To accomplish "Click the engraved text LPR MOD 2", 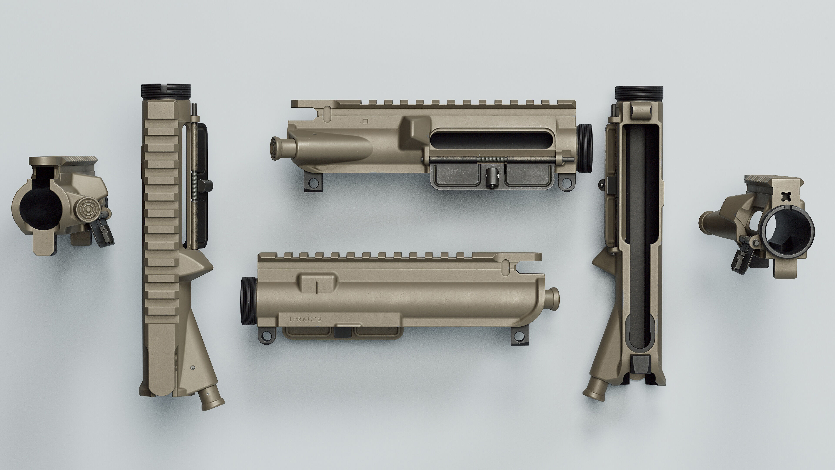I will [x=305, y=319].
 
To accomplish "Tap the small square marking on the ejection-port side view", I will [x=365, y=122].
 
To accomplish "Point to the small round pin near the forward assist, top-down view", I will [x=193, y=368].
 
